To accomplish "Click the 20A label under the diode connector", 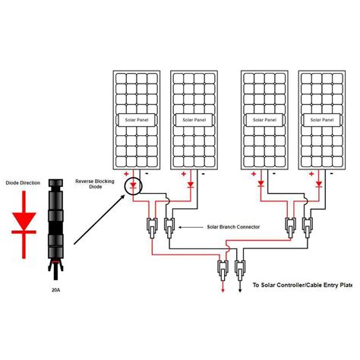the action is tap(55, 290).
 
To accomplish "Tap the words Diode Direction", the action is tap(23, 183).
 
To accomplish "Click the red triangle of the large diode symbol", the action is tap(24, 221).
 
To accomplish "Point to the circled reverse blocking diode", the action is tap(134, 185).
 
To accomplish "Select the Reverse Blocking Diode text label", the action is tap(95, 184).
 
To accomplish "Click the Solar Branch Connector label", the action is tap(233, 227).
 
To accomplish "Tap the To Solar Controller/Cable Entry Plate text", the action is tap(302, 285).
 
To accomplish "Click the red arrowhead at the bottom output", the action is tap(223, 290).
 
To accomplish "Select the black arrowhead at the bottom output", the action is tap(240, 290).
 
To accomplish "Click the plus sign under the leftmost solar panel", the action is tap(126, 174).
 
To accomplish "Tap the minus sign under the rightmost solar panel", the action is tap(331, 173).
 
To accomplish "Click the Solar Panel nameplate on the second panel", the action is tap(194, 120).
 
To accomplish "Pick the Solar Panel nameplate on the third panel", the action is tap(264, 120).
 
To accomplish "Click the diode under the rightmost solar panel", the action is tap(319, 184).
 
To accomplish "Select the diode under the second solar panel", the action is tap(191, 185).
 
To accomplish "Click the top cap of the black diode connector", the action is tap(55, 182).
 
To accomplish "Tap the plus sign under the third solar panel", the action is tap(254, 174).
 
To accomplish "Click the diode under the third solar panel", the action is tap(261, 184).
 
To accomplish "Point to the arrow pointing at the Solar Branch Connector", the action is tap(191, 227).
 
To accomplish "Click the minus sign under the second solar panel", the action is tap(203, 174).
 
